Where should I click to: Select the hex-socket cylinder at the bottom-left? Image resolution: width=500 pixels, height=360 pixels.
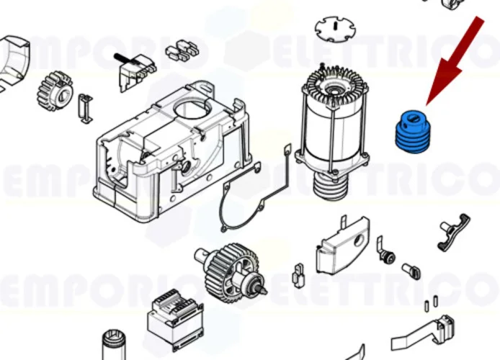click(x=115, y=346)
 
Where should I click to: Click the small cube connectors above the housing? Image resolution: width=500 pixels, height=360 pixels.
click(x=182, y=50)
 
